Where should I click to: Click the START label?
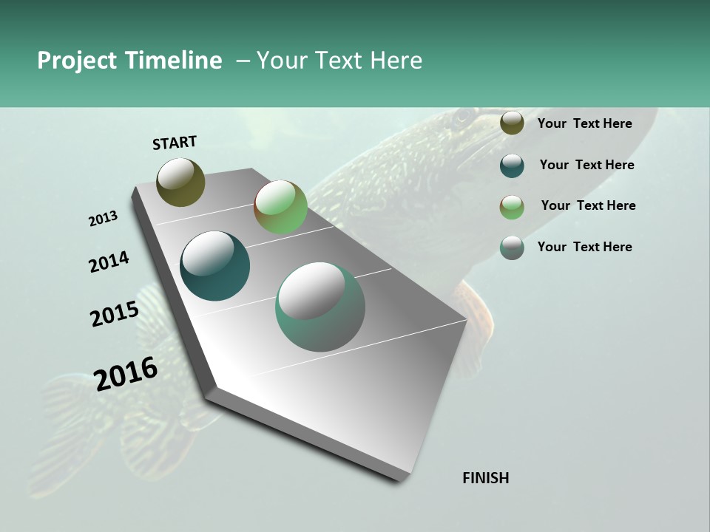point(175,143)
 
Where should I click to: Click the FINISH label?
point(485,478)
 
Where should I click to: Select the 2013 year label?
point(103,219)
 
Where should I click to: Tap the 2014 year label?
point(109,262)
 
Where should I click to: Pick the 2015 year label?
point(115,313)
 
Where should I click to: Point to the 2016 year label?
point(126,373)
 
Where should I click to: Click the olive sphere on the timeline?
point(180,182)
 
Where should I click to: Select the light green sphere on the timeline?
point(280,207)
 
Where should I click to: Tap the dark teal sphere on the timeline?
point(214,266)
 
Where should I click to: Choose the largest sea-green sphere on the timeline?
point(320,307)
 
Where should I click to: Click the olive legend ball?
point(512,123)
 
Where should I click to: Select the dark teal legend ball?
point(512,166)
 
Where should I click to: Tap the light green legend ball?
point(512,207)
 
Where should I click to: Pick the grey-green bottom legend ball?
point(512,248)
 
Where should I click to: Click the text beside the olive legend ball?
point(584,123)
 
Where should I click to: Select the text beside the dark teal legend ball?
point(586,165)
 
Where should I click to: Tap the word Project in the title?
point(77,61)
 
